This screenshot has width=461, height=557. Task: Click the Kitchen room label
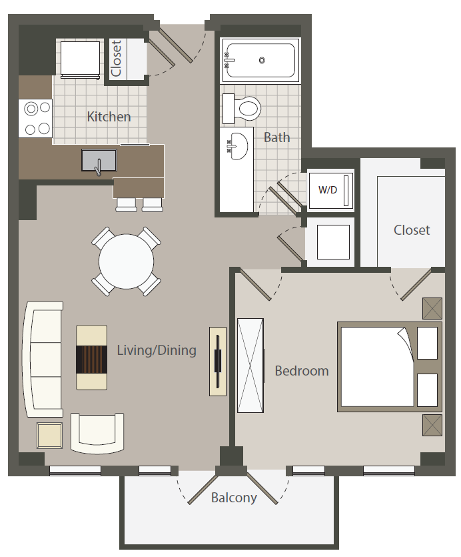pyautogui.click(x=109, y=117)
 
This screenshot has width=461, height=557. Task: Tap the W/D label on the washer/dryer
pyautogui.click(x=328, y=189)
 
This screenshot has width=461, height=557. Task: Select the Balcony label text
pyautogui.click(x=234, y=498)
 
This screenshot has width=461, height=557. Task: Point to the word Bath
pyautogui.click(x=276, y=137)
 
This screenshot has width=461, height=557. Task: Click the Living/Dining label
pyautogui.click(x=157, y=350)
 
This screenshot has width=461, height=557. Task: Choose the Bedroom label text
pyautogui.click(x=302, y=371)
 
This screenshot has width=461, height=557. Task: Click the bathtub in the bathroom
pyautogui.click(x=261, y=60)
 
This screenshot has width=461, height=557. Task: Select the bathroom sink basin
pyautogui.click(x=236, y=143)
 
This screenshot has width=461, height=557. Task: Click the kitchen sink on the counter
pyautogui.click(x=99, y=161)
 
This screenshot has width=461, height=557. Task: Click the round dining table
pyautogui.click(x=127, y=261)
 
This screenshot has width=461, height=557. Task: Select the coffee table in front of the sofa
pyautogui.click(x=91, y=358)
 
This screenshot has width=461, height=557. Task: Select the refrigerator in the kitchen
pyautogui.click(x=81, y=59)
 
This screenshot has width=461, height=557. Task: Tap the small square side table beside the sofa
pyautogui.click(x=49, y=436)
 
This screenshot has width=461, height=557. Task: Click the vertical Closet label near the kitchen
pyautogui.click(x=117, y=59)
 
